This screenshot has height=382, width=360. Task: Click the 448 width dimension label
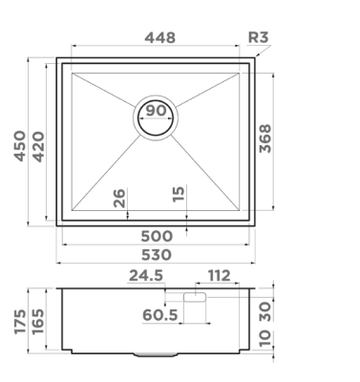(159, 37)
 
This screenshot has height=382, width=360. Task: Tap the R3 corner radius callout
(258, 37)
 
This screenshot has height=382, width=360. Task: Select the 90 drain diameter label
(156, 111)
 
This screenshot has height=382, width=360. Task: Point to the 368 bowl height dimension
(265, 138)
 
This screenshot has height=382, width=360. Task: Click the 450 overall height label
(20, 146)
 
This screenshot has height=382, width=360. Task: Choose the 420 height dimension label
(38, 146)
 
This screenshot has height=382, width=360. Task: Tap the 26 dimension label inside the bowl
(119, 198)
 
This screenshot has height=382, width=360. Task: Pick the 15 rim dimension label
(179, 194)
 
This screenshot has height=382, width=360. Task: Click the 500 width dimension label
(157, 236)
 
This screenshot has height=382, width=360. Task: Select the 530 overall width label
(157, 255)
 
